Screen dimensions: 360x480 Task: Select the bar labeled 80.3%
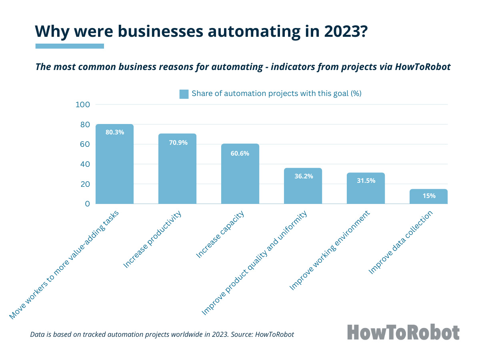(114, 164)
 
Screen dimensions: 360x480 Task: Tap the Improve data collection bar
(428, 196)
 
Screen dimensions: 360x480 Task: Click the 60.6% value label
(240, 154)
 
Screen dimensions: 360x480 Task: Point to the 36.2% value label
(303, 176)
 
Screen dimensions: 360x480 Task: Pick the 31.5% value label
(366, 180)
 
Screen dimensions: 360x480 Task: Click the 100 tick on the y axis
(82, 105)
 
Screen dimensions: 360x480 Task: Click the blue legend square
(184, 94)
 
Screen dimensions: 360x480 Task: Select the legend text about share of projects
(276, 94)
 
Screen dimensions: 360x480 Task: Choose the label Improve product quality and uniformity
(254, 263)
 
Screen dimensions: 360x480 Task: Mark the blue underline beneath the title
(70, 46)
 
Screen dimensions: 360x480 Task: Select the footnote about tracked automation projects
(162, 334)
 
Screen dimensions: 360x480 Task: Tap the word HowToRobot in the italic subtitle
(423, 67)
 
